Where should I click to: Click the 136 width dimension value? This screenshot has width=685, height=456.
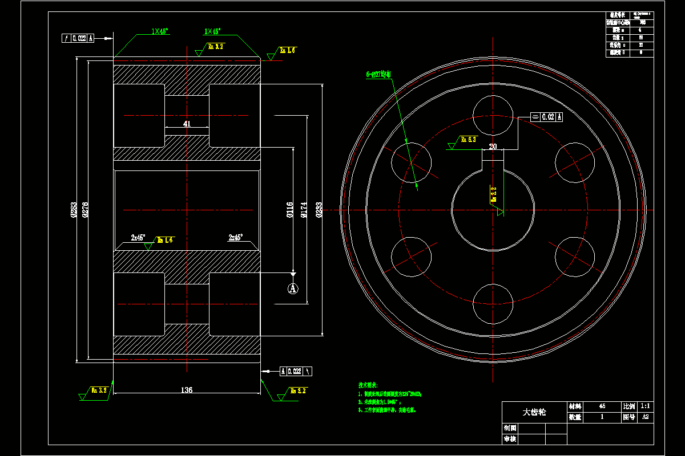tap(187, 390)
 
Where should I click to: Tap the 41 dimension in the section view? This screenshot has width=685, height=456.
tap(187, 124)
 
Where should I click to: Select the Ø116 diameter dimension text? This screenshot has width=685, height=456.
tap(289, 209)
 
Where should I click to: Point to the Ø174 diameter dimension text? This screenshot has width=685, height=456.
tap(304, 209)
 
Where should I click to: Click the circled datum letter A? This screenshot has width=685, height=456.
tap(293, 289)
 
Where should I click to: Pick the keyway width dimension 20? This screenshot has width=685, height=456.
tap(493, 146)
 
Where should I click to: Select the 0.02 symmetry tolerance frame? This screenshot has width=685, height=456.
tap(547, 117)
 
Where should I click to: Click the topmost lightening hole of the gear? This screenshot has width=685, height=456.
tap(493, 115)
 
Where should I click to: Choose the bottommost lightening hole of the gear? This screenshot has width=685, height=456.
tap(493, 303)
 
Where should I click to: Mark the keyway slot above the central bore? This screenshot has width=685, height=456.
tap(493, 161)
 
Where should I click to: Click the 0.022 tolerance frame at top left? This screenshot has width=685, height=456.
tap(78, 38)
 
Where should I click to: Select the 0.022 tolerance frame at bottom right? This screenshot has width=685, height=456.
tap(296, 371)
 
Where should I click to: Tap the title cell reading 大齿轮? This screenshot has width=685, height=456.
tap(534, 412)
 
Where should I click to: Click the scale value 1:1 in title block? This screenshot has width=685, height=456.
tap(645, 406)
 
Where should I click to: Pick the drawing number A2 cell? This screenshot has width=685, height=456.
tap(645, 417)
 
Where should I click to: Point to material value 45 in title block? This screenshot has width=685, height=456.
tap(602, 406)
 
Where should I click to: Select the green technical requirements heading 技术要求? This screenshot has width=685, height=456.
tap(369, 385)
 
